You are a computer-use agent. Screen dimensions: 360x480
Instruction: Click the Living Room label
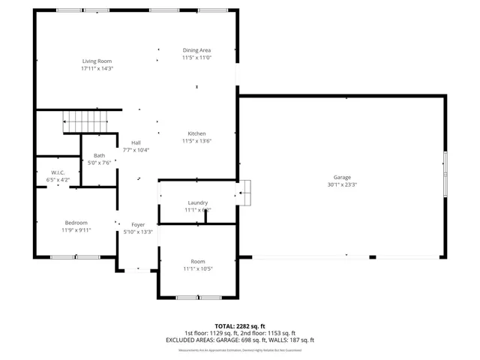[97, 61]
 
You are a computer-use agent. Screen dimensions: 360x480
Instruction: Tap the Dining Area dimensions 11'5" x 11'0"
[196, 58]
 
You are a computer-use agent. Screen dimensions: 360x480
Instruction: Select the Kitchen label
[196, 133]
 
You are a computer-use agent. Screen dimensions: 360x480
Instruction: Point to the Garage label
[342, 178]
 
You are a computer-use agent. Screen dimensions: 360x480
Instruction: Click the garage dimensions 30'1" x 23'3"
[342, 185]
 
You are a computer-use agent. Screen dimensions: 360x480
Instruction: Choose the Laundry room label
[197, 202]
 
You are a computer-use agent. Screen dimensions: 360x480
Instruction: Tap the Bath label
[99, 155]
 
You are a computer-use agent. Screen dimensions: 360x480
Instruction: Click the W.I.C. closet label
[59, 172]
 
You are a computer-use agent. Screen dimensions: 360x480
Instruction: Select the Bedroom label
[76, 223]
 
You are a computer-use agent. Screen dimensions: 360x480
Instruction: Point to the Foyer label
[138, 225]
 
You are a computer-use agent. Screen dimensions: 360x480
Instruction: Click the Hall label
[136, 142]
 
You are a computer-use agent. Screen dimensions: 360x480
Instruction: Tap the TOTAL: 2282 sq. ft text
[240, 326]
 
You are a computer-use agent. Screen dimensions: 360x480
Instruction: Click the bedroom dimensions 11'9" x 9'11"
[76, 230]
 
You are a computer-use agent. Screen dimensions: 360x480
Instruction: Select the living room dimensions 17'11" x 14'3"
[97, 68]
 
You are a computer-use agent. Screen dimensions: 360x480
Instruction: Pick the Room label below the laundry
[197, 261]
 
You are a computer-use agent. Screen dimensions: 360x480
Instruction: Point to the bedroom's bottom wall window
[75, 257]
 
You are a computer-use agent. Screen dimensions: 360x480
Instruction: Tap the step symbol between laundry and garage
[245, 193]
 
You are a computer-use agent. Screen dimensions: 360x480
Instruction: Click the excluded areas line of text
[240, 340]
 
